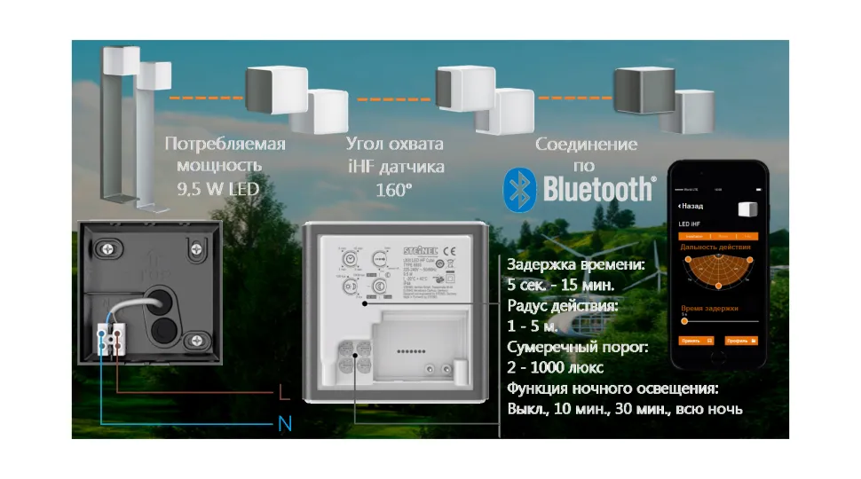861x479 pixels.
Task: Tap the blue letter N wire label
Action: pos(285,425)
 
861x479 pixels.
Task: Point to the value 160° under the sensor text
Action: pos(394,188)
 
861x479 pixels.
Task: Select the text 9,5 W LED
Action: pos(225,188)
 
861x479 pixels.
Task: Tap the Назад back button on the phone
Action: pos(693,205)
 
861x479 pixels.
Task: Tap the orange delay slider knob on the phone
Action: pos(683,319)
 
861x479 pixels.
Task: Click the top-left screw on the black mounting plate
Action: pos(108,247)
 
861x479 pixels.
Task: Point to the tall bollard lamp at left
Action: pos(118,124)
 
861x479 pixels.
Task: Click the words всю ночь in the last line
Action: pos(709,409)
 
